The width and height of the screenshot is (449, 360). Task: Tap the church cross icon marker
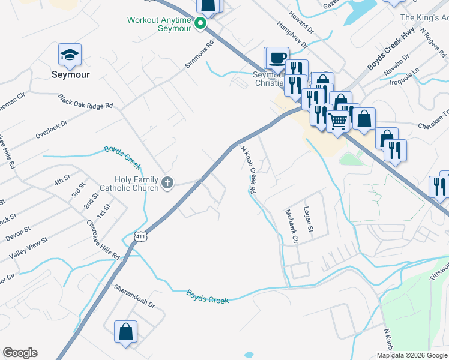tap(169, 183)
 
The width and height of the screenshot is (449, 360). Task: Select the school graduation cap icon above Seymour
tap(70, 55)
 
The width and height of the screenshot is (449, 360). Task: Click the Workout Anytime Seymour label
tap(159, 24)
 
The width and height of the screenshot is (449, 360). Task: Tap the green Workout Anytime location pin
tap(202, 24)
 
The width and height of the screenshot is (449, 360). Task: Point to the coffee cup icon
tap(278, 58)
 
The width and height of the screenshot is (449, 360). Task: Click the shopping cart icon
tap(338, 121)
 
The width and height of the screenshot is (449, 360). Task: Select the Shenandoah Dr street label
tap(135, 296)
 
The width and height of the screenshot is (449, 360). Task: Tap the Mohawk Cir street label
tap(291, 226)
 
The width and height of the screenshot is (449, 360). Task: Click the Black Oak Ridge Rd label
tap(85, 101)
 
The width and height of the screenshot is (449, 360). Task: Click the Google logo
tap(20, 353)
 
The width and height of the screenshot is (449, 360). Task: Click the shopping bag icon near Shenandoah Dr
tap(125, 332)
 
